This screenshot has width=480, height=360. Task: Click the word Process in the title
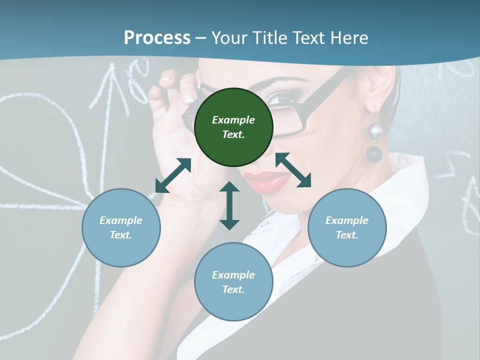(x=157, y=38)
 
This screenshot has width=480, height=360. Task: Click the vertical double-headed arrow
(x=229, y=205)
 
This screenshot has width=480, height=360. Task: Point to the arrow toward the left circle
(x=173, y=175)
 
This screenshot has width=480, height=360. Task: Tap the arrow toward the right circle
(x=293, y=170)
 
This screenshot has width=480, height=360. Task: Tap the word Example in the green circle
(x=233, y=120)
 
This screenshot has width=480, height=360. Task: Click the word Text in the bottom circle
(x=233, y=289)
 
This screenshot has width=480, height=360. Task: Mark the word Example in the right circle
(x=347, y=220)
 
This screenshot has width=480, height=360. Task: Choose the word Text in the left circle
(x=121, y=235)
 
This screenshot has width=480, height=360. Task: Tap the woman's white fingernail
(x=189, y=96)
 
